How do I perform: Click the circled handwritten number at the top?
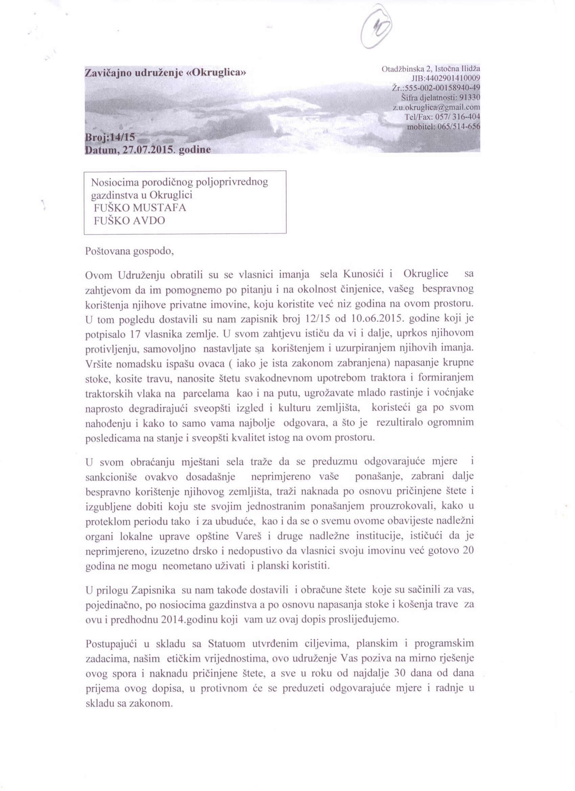pyautogui.click(x=376, y=27)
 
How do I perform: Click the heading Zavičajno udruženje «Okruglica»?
pyautogui.click(x=165, y=72)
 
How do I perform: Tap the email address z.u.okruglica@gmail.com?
pyautogui.click(x=436, y=107)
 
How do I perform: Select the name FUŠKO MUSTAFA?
pyautogui.click(x=140, y=208)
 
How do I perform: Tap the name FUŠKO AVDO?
pyautogui.click(x=129, y=221)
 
